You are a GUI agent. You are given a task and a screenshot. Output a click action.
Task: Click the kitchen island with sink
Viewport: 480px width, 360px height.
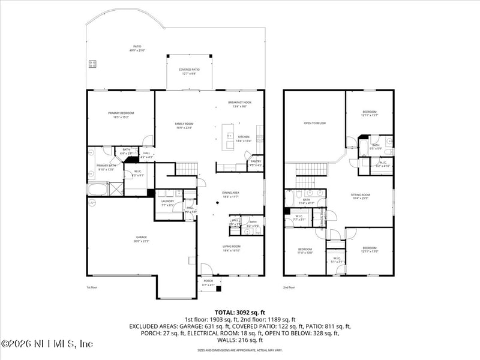229,137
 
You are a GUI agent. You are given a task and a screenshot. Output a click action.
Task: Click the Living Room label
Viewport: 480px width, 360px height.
231,248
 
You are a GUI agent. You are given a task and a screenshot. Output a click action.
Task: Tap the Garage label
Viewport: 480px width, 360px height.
141,239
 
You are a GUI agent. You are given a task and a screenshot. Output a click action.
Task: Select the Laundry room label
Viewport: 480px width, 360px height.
167,203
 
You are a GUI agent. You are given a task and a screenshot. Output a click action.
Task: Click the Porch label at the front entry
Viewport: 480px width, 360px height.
208,282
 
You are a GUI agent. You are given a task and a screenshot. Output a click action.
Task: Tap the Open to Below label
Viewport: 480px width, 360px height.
314,123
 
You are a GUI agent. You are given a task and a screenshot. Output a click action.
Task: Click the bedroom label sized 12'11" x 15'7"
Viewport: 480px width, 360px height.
370,113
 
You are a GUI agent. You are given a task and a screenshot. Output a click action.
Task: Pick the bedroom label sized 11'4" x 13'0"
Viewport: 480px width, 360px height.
305,251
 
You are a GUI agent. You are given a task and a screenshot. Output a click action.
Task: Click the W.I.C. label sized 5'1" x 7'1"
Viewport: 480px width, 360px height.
336,259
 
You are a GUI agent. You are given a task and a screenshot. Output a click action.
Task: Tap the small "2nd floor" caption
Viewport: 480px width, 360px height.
290,287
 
